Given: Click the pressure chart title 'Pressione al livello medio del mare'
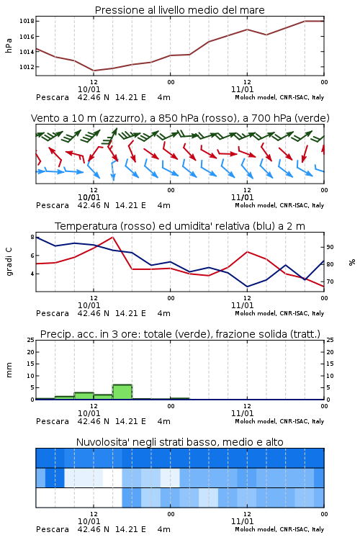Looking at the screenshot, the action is click(179, 10).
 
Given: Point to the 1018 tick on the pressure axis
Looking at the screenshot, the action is click(27, 21).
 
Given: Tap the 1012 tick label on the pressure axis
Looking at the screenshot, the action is click(27, 67).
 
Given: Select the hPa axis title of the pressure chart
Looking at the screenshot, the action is click(9, 45).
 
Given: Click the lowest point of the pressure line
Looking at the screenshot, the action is click(94, 71).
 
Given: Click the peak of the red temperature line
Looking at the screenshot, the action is click(112, 237).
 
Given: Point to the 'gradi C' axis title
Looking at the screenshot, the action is click(9, 262).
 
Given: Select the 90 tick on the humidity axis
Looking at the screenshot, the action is click(330, 247).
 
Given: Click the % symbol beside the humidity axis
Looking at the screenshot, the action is click(352, 262).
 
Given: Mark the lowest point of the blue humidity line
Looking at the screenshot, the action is click(247, 287).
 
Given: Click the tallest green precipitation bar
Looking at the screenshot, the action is click(122, 392).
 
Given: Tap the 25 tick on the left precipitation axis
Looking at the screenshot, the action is click(30, 340).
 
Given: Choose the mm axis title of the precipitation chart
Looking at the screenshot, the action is click(9, 370).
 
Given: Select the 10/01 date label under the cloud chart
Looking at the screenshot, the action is click(89, 521).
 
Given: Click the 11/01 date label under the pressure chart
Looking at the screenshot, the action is click(242, 89).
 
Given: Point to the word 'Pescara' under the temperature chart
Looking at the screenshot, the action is click(53, 313).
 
